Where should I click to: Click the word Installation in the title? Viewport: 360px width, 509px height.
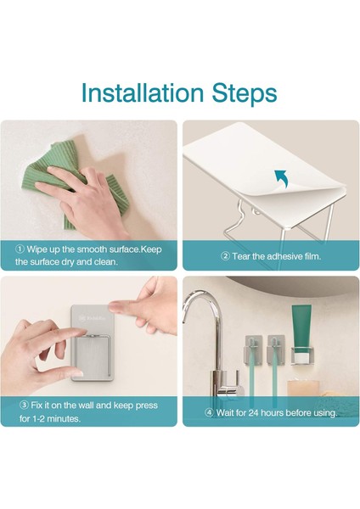(142, 92)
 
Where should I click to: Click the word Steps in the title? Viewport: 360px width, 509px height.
(245, 94)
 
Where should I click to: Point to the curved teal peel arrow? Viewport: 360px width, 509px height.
(281, 178)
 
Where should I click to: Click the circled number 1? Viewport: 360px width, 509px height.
(20, 249)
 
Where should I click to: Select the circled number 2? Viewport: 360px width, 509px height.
(225, 256)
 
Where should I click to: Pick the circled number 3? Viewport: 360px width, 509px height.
(24, 406)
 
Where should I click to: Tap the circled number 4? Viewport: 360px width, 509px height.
(210, 413)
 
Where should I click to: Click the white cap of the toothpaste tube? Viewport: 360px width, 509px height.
(301, 358)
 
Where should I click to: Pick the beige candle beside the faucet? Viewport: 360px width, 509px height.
(301, 392)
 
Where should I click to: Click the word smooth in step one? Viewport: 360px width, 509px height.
(92, 249)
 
